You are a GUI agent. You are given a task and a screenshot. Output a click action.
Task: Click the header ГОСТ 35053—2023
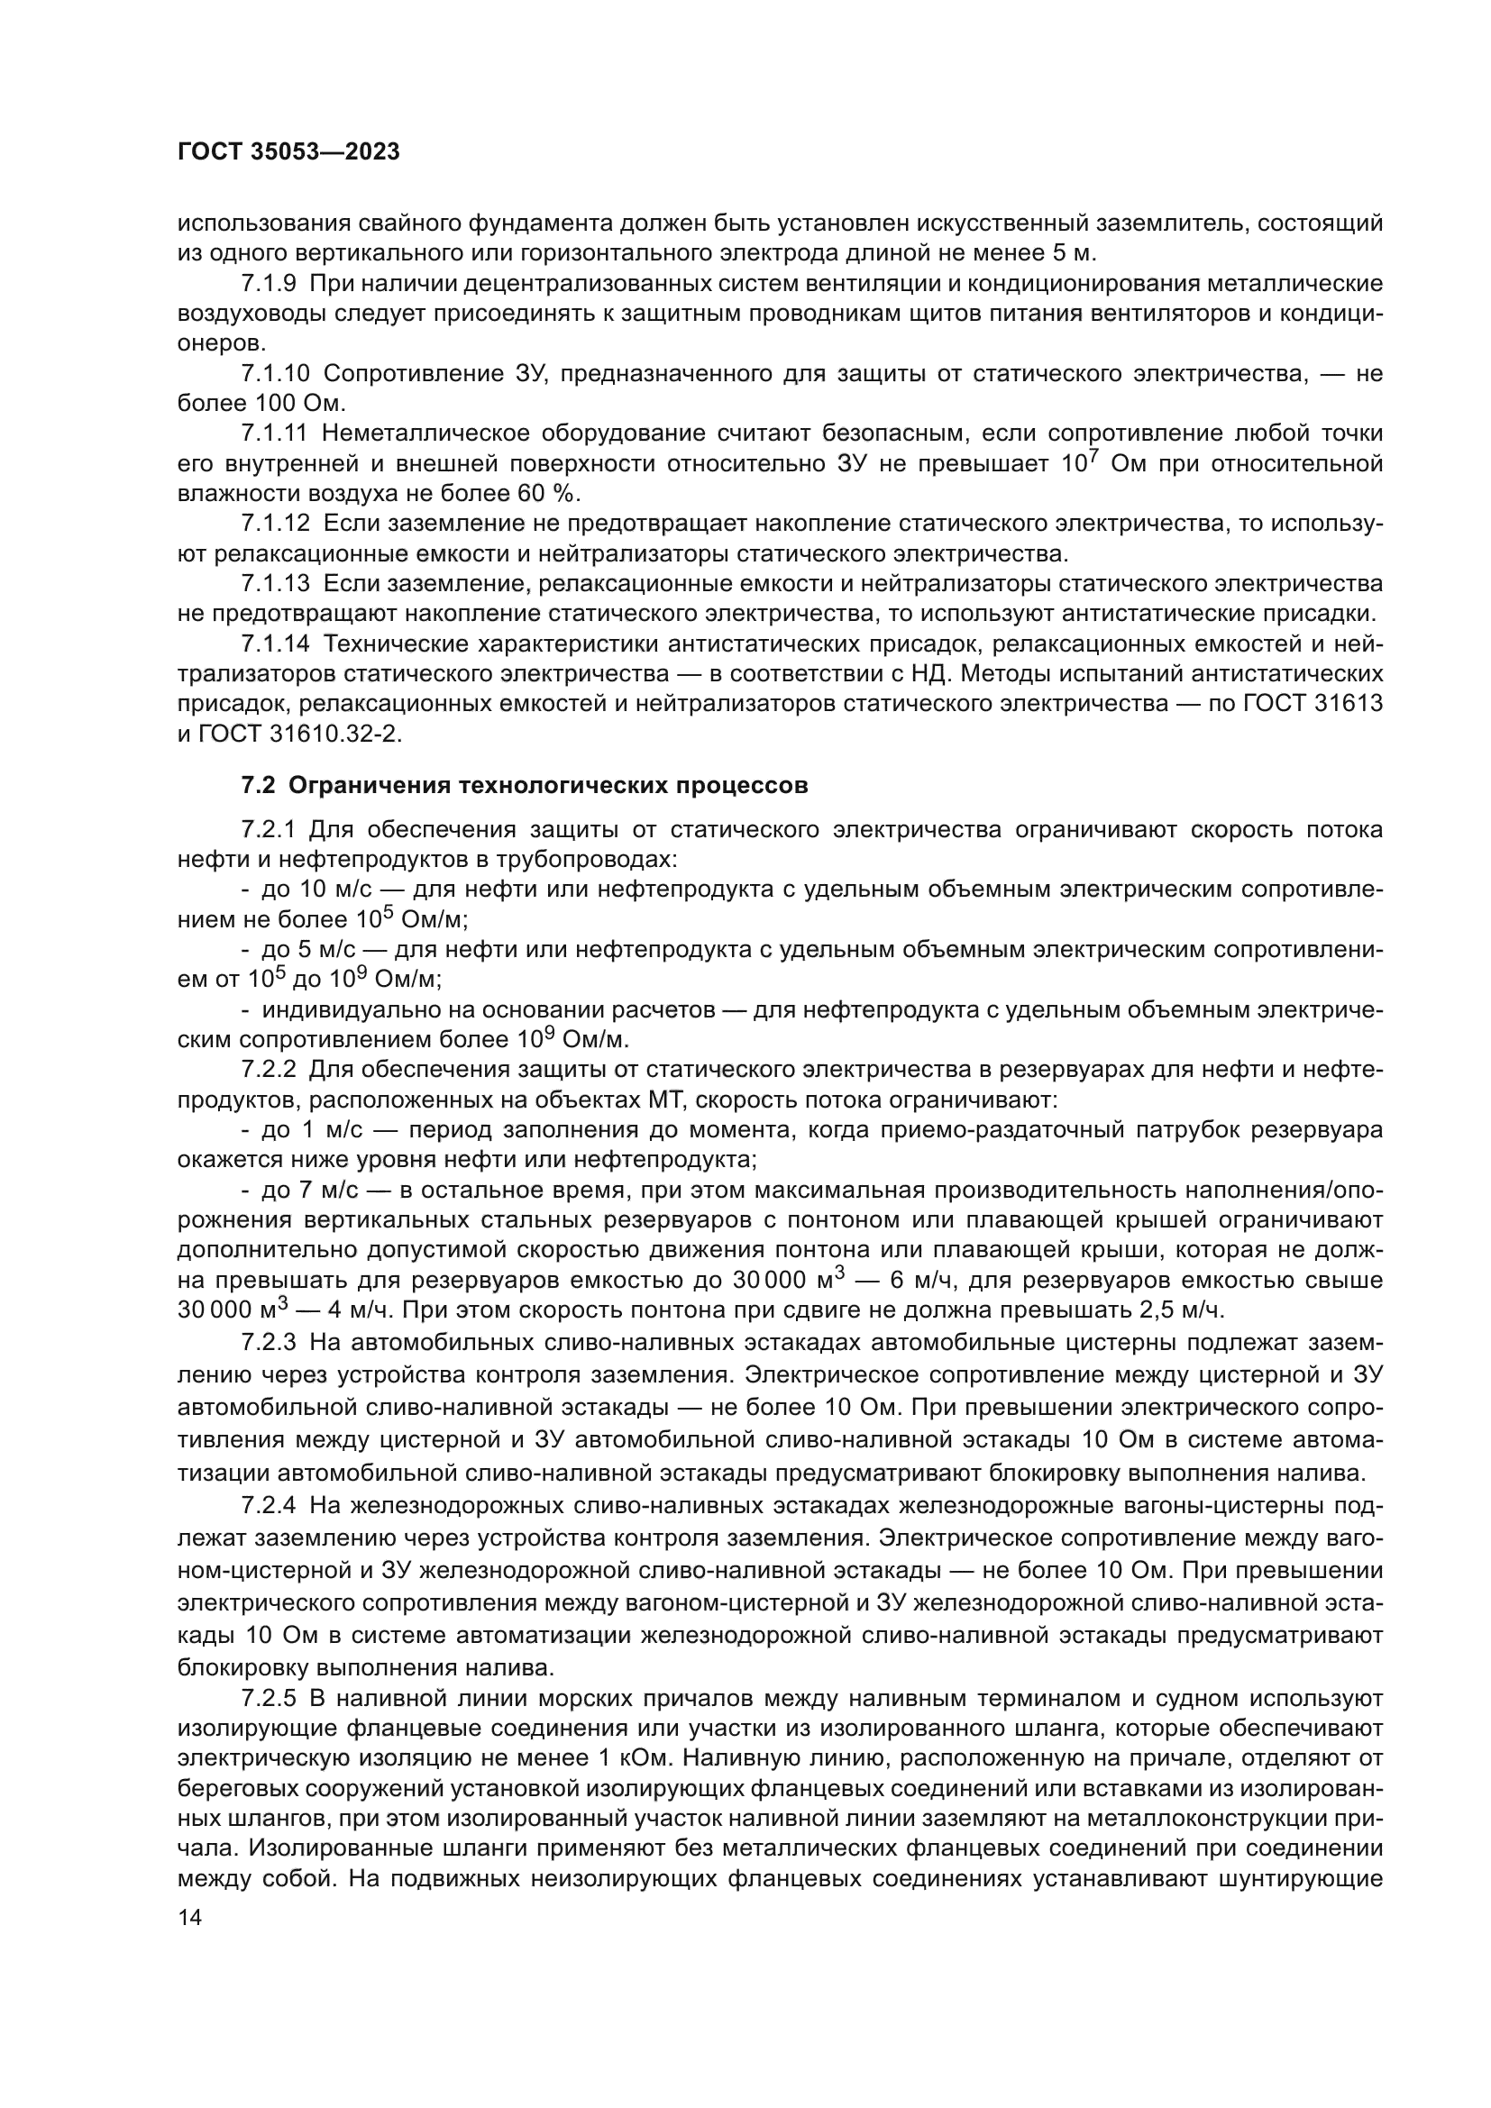pyautogui.click(x=288, y=152)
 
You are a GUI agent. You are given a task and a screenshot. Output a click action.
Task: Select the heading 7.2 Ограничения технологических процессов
pyautogui.click(x=525, y=786)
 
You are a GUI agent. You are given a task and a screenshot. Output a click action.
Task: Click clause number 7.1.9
pyautogui.click(x=269, y=284)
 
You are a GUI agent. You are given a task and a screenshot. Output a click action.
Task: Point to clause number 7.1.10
pyautogui.click(x=276, y=374)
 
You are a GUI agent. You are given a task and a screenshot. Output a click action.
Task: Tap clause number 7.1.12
pyautogui.click(x=276, y=525)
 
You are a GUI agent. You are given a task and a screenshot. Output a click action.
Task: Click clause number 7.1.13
pyautogui.click(x=276, y=584)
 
